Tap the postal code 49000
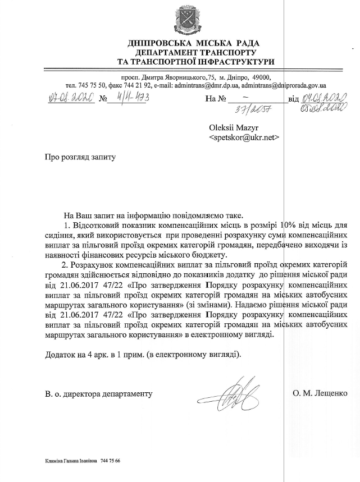pyautogui.click(x=259, y=77)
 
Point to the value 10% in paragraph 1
pyautogui.click(x=288, y=225)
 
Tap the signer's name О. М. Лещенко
pyautogui.click(x=319, y=393)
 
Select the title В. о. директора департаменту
pyautogui.click(x=99, y=394)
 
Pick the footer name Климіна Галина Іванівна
pyautogui.click(x=70, y=461)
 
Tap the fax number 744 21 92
pyautogui.click(x=138, y=85)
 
